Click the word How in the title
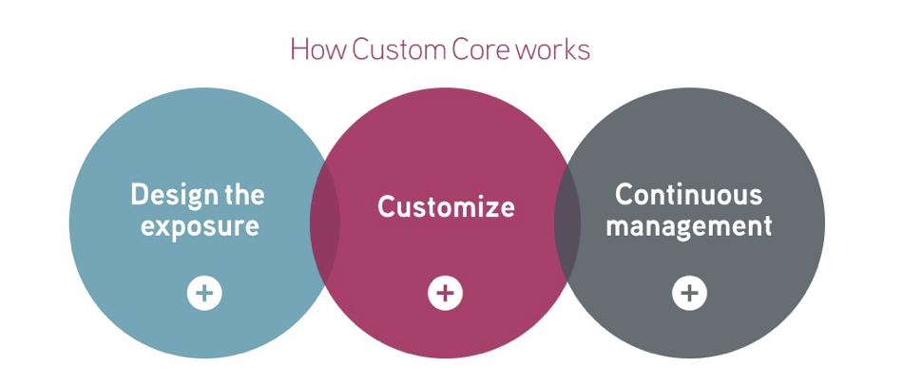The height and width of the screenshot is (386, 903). [x=318, y=49]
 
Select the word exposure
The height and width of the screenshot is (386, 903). [x=200, y=226]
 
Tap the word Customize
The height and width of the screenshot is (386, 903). [x=446, y=207]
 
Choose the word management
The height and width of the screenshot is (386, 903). [x=689, y=226]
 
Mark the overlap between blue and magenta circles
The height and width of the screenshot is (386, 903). [x=325, y=222]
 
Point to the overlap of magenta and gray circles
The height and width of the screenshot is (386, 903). [x=567, y=222]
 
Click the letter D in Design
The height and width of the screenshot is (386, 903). [x=139, y=195]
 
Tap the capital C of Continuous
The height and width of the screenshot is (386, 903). [x=624, y=195]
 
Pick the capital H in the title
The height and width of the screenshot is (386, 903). [x=299, y=49]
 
